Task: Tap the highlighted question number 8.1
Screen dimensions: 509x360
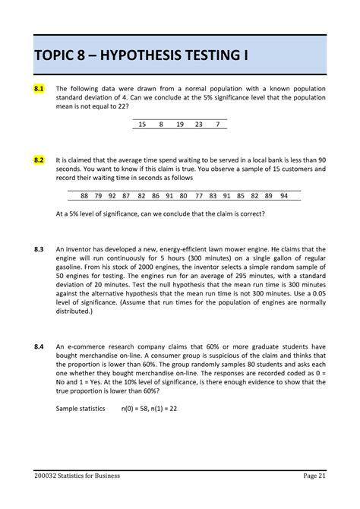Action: click(39, 89)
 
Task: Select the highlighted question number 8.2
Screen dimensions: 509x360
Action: click(39, 160)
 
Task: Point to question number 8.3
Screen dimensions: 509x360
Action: click(39, 249)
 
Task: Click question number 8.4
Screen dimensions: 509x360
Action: click(39, 347)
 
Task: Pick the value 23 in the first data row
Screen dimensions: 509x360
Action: click(199, 124)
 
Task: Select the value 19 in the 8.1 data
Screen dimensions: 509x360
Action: click(179, 124)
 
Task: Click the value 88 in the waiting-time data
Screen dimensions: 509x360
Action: click(84, 195)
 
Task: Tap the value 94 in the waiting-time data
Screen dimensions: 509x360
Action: click(284, 195)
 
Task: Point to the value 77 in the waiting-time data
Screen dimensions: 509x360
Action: click(198, 195)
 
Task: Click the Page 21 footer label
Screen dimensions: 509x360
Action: click(314, 476)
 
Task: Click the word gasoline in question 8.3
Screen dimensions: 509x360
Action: click(73, 269)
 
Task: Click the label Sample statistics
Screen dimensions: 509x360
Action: click(81, 409)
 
